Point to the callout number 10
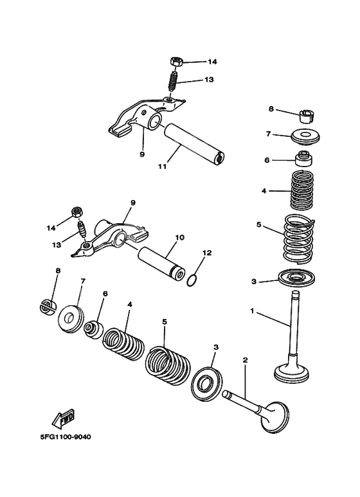click(179, 237)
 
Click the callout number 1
click(253, 311)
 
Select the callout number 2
click(244, 360)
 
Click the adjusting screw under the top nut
click(173, 82)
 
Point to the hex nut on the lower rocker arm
click(76, 212)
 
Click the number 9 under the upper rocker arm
click(141, 154)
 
